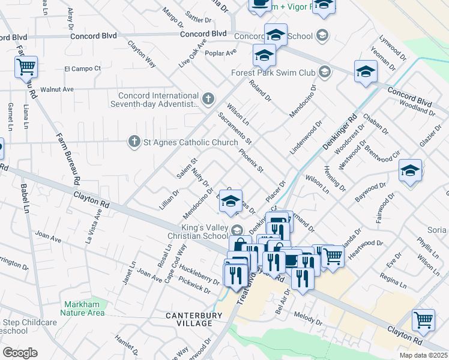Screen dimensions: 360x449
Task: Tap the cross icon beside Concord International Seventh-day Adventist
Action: click(x=208, y=99)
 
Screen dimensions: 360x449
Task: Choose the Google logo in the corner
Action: click(x=20, y=353)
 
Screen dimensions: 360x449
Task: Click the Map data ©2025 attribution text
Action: click(x=423, y=355)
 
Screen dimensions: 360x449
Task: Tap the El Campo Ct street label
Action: click(x=82, y=68)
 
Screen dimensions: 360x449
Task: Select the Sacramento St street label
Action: click(x=235, y=129)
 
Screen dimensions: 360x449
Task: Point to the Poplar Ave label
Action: click(x=220, y=53)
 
